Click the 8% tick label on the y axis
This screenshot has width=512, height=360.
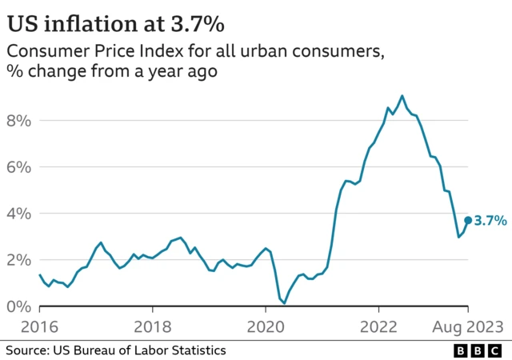(19, 121)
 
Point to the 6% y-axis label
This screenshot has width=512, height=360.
(19, 167)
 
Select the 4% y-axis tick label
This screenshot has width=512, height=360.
(19, 214)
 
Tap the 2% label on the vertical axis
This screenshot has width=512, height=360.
(19, 260)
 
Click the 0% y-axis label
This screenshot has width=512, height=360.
(19, 306)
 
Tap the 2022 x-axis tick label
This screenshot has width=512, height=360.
(380, 326)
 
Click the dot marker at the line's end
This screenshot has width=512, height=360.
(468, 220)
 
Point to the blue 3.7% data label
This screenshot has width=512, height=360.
(490, 220)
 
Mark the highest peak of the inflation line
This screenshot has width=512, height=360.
(402, 96)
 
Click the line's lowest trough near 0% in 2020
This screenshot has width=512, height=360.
(284, 303)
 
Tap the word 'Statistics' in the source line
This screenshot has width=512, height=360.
(197, 350)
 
